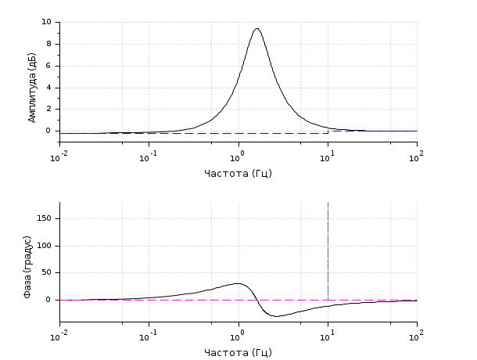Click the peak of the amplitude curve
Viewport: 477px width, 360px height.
coord(256,29)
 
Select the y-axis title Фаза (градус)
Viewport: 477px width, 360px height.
coord(27,266)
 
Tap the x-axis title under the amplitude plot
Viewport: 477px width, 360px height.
coord(238,173)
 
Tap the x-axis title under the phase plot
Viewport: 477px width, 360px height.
coord(238,352)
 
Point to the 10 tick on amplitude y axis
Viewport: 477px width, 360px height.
coord(47,22)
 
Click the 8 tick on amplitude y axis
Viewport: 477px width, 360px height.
coord(49,44)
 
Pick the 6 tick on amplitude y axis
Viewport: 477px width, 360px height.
coord(49,66)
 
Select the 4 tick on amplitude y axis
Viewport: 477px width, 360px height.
coord(49,88)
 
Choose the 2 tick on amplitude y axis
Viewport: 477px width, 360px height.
coord(49,109)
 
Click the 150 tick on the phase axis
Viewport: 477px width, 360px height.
coord(45,218)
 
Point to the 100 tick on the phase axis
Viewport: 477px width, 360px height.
coord(45,246)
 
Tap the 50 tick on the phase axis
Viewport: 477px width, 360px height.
coord(47,272)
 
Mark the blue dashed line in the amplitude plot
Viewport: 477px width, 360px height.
coord(195,133)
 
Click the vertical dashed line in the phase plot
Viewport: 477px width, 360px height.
coord(328,250)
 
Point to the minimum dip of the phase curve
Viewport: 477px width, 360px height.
coord(276,316)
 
